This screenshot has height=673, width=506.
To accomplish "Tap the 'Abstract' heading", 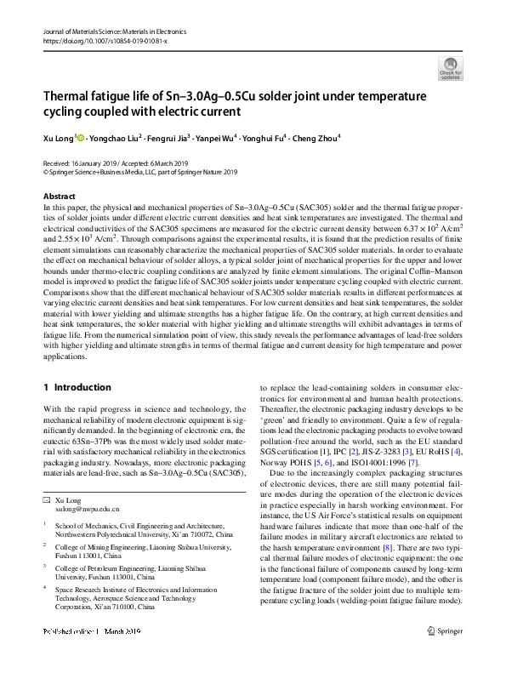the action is click(x=59, y=197).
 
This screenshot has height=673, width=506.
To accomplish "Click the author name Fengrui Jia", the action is click(x=169, y=136).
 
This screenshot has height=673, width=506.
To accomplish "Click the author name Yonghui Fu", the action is click(x=264, y=136).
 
